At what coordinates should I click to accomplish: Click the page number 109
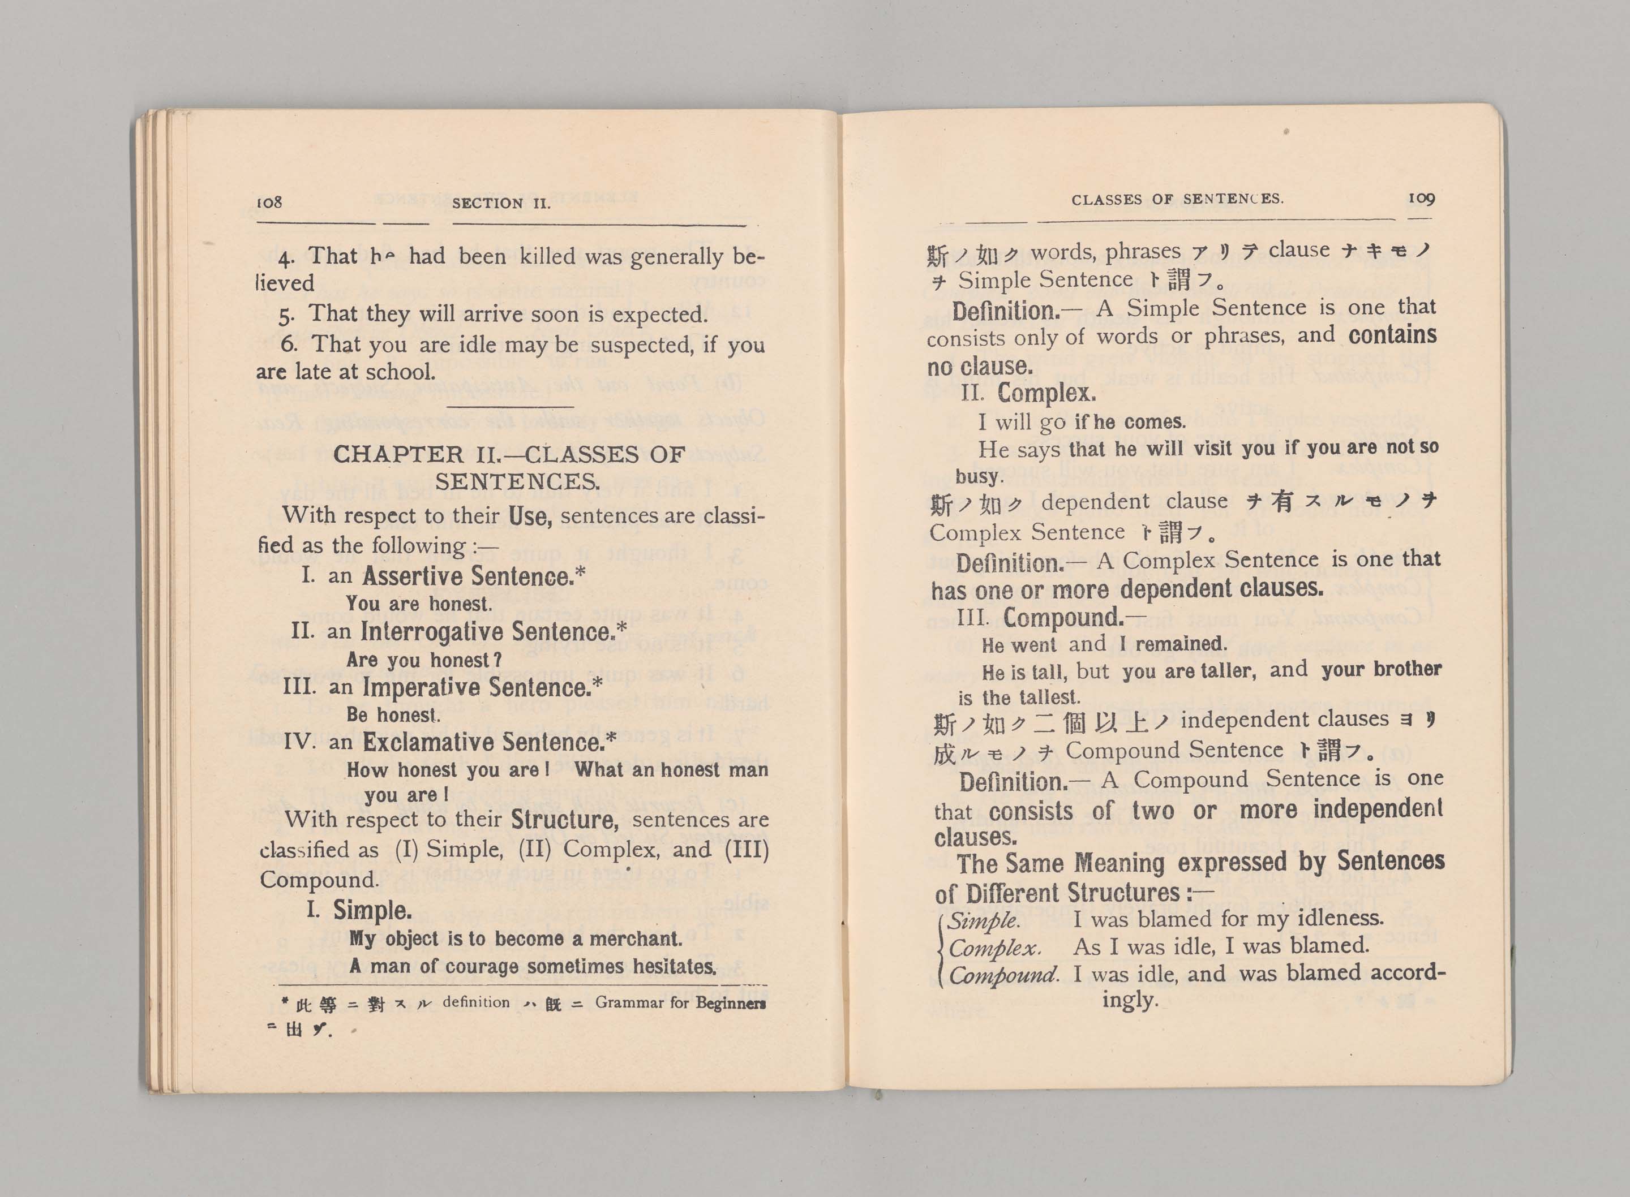coord(1421,198)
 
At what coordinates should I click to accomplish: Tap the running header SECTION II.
coord(501,204)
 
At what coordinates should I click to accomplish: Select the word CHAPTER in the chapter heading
coord(398,454)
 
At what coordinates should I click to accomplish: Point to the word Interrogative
coord(432,632)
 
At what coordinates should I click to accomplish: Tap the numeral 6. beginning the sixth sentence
coord(289,344)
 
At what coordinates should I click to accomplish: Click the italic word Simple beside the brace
coord(983,921)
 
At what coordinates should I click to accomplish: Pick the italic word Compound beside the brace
coord(1003,975)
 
